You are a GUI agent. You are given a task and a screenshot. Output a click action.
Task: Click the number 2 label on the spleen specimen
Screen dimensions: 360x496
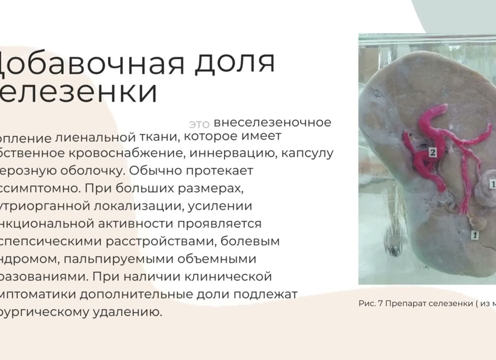click(432, 152)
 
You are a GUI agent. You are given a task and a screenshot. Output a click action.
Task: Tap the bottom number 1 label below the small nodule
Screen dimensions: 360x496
click(475, 235)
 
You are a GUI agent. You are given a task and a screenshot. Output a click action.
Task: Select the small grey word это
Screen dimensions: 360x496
click(199, 124)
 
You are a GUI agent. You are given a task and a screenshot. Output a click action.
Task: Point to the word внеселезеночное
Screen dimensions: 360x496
click(272, 122)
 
